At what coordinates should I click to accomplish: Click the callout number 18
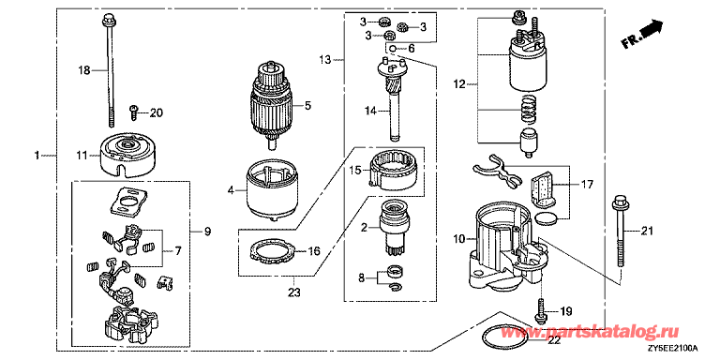tap(83, 70)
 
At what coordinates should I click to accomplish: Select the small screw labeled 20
tap(134, 112)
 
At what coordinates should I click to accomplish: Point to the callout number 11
tap(81, 156)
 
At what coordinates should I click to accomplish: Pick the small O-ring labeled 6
tap(393, 48)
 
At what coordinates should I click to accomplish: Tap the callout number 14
tap(370, 111)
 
